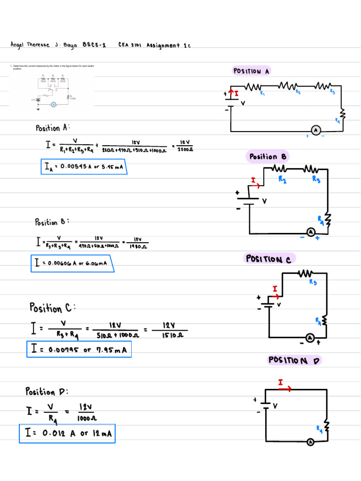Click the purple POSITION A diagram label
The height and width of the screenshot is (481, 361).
tap(251, 71)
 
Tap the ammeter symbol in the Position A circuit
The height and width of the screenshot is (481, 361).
tap(316, 130)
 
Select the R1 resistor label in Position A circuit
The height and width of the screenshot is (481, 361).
tap(263, 93)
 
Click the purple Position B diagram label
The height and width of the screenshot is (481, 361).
tap(267, 156)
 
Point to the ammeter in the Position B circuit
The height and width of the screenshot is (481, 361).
tap(310, 232)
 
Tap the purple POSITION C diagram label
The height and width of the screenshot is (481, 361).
tap(270, 259)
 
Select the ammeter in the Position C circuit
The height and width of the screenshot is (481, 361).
tap(310, 337)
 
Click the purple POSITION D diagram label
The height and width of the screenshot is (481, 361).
tap(294, 360)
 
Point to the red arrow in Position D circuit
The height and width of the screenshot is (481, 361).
tap(284, 388)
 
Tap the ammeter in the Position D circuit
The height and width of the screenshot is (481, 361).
tap(310, 442)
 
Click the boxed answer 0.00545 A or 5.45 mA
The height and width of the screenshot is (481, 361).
tap(84, 167)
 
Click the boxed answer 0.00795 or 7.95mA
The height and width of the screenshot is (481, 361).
tap(79, 349)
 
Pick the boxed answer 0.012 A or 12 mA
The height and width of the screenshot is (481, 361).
tap(67, 434)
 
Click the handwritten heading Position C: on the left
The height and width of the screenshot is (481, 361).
tap(52, 308)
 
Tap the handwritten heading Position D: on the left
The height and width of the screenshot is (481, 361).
tap(47, 391)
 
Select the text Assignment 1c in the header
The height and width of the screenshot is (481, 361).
tap(168, 45)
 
